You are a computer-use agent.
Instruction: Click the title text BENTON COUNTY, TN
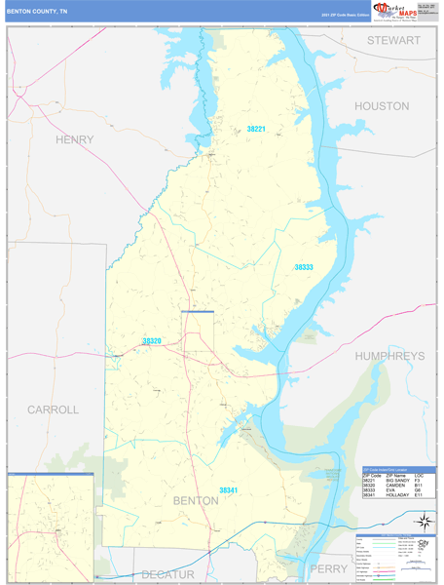(x=37, y=11)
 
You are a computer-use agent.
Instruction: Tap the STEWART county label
(x=392, y=41)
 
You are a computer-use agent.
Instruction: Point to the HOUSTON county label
(x=382, y=105)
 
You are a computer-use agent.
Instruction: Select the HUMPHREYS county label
(x=389, y=357)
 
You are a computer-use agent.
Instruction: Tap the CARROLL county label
(x=53, y=409)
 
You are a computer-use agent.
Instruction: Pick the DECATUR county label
(x=167, y=574)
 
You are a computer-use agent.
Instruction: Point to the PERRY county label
(x=328, y=568)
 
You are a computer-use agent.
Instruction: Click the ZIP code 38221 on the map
(x=256, y=129)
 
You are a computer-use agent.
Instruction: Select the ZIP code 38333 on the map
(x=304, y=266)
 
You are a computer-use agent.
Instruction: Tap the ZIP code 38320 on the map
(x=152, y=341)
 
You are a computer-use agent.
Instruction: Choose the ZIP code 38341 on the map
(x=229, y=489)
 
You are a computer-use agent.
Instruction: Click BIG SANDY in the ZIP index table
(x=397, y=481)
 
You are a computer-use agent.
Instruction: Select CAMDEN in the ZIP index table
(x=395, y=486)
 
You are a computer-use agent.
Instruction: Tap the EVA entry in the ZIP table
(x=389, y=490)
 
